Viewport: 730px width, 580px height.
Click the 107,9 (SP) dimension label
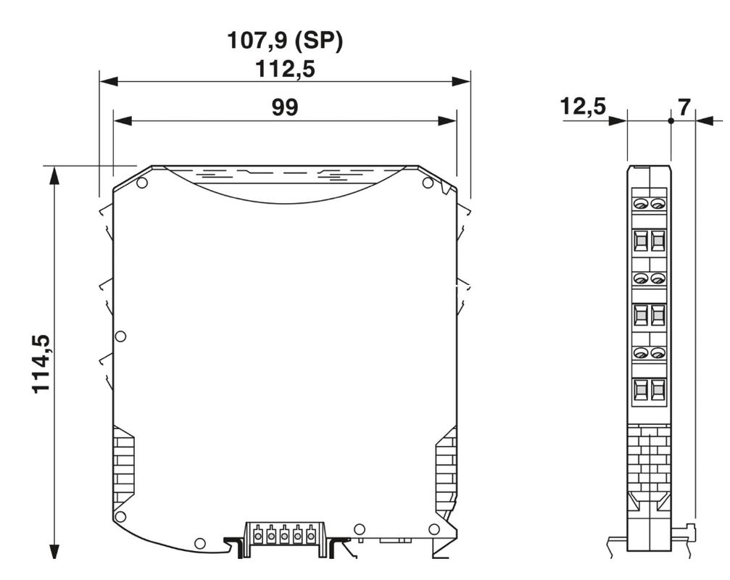(284, 41)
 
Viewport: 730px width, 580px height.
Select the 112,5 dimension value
(285, 70)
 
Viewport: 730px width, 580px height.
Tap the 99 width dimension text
(284, 107)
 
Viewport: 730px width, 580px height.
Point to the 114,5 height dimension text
(41, 363)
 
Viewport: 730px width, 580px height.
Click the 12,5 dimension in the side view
(583, 106)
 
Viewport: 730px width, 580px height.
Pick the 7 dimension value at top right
(684, 107)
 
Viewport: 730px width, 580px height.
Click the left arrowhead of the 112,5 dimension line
(109, 81)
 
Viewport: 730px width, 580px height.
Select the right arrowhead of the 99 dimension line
(447, 121)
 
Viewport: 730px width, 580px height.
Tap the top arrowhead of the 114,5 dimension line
(55, 175)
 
